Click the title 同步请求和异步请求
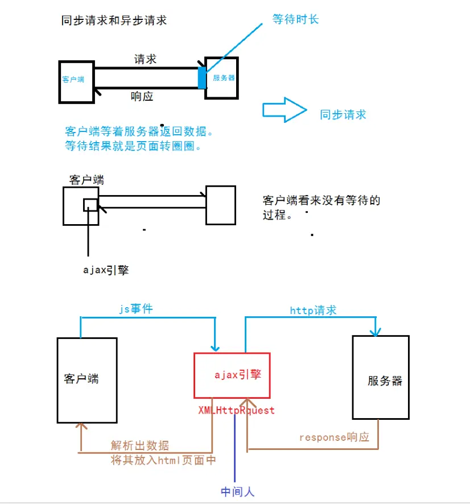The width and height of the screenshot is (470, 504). [114, 21]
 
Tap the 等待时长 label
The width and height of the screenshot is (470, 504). [295, 19]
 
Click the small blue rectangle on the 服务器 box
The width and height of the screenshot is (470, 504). [202, 77]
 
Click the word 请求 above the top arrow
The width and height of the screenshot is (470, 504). [145, 59]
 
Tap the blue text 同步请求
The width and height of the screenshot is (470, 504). [343, 114]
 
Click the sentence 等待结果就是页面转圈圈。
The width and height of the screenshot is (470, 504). [134, 146]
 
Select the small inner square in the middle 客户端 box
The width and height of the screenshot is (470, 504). [90, 205]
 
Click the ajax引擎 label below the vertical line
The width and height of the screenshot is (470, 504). [106, 270]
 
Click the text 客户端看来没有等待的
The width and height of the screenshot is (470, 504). [321, 200]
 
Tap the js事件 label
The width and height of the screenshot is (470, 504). [135, 309]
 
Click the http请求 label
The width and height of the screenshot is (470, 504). [313, 310]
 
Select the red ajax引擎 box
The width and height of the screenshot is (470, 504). [232, 375]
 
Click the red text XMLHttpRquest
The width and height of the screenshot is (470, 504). [236, 410]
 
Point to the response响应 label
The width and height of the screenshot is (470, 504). [334, 437]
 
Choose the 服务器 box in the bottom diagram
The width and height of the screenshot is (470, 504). [380, 377]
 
